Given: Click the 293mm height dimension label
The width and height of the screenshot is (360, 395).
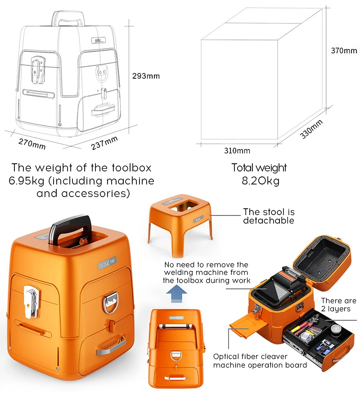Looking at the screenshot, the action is [x=146, y=76].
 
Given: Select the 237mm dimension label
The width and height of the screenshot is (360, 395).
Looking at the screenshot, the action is [x=104, y=143].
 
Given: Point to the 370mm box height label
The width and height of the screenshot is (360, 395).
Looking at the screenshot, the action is [x=344, y=51].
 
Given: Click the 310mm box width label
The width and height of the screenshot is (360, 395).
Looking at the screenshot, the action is [x=237, y=150].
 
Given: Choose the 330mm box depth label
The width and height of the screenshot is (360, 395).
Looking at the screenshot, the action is [x=312, y=129].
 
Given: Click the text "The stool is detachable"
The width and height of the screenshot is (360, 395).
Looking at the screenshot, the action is [x=268, y=216].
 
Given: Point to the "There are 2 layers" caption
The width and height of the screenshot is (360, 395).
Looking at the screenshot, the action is [x=338, y=305].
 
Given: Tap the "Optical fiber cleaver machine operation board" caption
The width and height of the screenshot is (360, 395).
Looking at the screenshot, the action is [x=260, y=360].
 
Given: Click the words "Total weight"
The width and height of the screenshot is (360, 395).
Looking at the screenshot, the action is [x=259, y=168].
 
